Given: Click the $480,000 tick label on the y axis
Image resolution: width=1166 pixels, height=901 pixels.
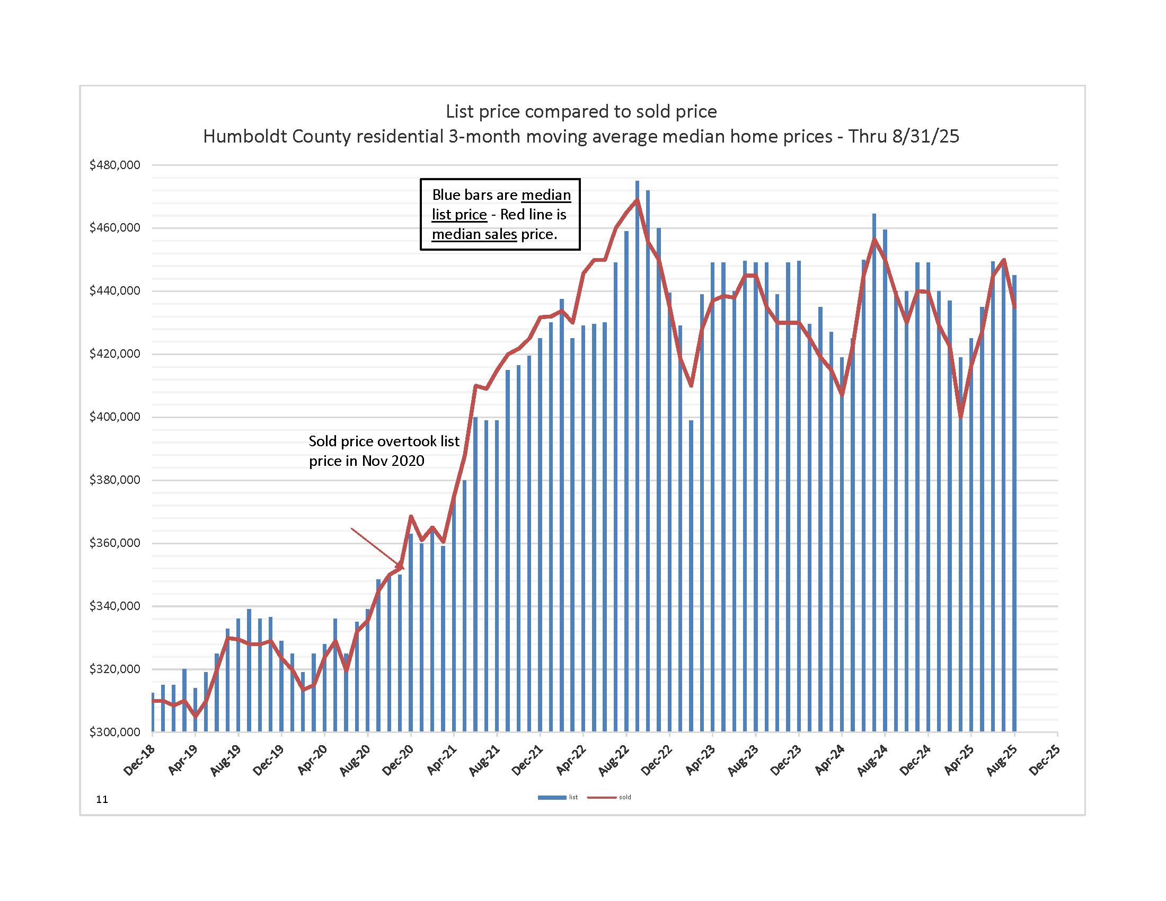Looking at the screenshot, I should [x=114, y=165].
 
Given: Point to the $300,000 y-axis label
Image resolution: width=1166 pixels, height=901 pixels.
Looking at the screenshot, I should [x=114, y=732].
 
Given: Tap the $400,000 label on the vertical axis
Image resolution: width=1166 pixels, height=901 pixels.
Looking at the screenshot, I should [x=114, y=417].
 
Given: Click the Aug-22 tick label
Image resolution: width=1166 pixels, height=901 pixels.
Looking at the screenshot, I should [x=614, y=760].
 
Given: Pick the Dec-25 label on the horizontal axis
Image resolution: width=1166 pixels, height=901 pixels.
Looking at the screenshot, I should [x=1045, y=760].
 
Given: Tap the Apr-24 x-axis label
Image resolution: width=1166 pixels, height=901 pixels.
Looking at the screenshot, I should [x=829, y=760].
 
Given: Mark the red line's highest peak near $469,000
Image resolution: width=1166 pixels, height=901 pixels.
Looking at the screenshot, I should [x=637, y=200].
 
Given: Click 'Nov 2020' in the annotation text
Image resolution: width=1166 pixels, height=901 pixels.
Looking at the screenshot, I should [x=393, y=461].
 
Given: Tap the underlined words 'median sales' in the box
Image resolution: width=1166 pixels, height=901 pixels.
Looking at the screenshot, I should [x=474, y=234].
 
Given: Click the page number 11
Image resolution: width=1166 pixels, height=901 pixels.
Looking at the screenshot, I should [x=102, y=799].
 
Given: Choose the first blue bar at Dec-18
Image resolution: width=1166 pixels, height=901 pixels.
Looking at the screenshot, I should [x=153, y=712].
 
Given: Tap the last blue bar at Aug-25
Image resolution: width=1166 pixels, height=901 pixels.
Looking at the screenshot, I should [x=1014, y=502].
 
